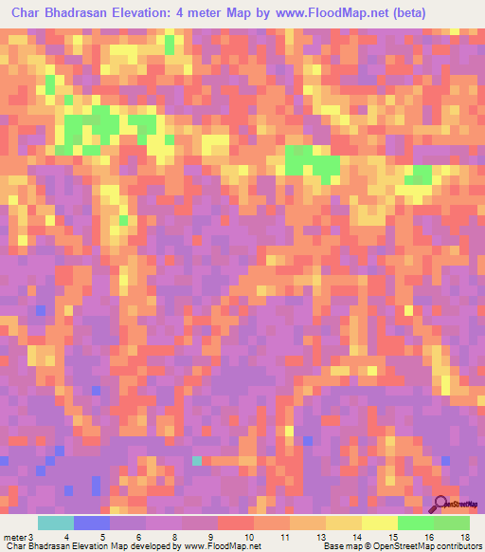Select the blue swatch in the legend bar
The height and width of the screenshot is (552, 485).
92,523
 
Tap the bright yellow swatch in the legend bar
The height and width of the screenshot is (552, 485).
380,523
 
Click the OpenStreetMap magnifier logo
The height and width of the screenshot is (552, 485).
440,504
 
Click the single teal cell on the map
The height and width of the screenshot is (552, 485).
197,461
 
